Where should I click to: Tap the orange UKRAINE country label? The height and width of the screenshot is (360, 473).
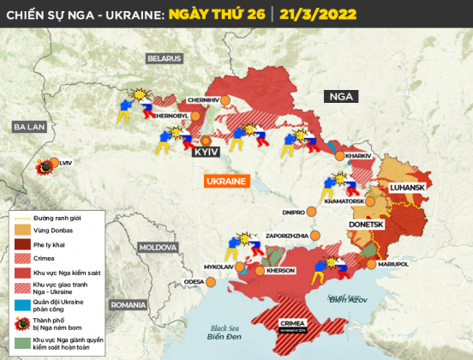click(x=225, y=182)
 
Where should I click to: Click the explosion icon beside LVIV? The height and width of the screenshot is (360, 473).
click(x=42, y=168)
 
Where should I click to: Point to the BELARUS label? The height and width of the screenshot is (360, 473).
click(x=164, y=58)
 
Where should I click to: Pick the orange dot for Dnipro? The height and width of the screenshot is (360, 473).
click(x=310, y=210)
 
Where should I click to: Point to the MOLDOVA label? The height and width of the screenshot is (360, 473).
click(x=158, y=247)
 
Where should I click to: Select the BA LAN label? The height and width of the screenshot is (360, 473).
click(x=28, y=126)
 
